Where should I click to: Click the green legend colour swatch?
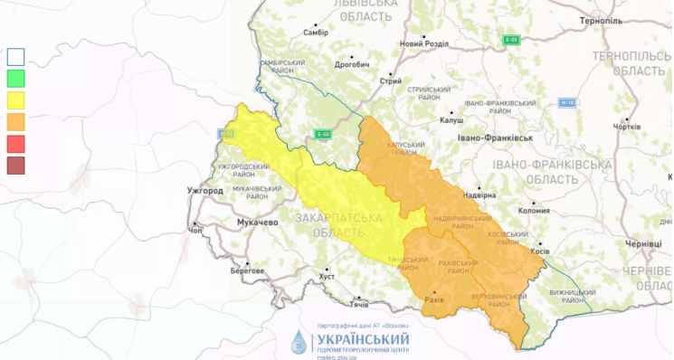pos(15,78)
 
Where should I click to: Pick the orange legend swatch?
pos(15,121)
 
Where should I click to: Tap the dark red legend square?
pos(15,165)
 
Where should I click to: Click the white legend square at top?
pos(15,56)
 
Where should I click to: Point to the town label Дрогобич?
pos(352,64)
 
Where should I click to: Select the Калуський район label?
pos(405,148)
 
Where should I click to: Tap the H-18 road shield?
pos(567,102)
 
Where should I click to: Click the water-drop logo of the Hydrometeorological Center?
pos(299,342)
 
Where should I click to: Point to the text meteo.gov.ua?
pos(337,356)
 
